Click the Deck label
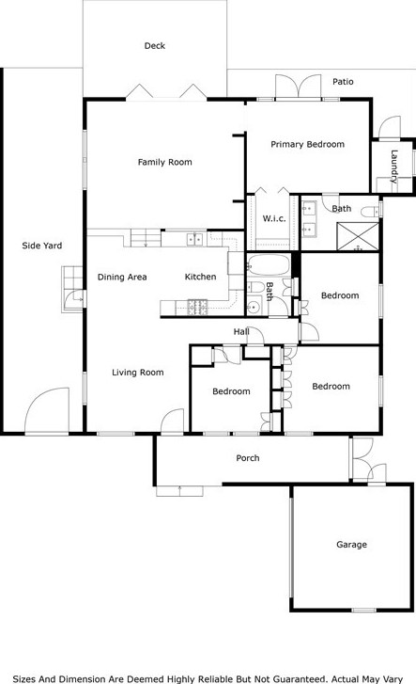tap(155, 46)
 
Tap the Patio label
tap(343, 82)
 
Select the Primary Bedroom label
tap(307, 144)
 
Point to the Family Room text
tap(164, 162)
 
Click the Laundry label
tap(393, 167)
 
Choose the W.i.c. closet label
tap(274, 218)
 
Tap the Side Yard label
tap(42, 246)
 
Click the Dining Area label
tap(122, 277)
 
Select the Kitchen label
tap(200, 277)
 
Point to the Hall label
tap(241, 332)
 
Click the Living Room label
tap(138, 373)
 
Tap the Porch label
tap(247, 458)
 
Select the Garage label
tap(351, 545)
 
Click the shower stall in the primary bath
tap(358, 236)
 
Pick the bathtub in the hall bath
tap(269, 265)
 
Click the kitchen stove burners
tap(197, 307)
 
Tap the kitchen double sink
tap(194, 240)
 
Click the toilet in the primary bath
tap(372, 212)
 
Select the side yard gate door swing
tap(48, 410)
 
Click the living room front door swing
tap(173, 422)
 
